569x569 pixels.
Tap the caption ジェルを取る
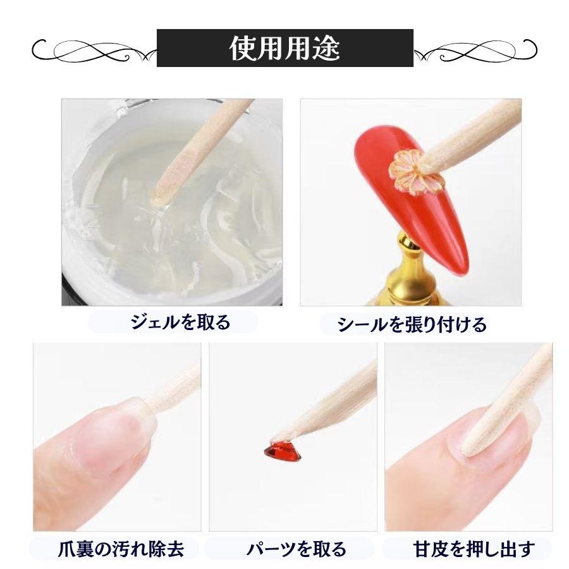point(180,323)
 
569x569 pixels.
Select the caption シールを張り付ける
point(412,325)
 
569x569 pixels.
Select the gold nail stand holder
point(412,272)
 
